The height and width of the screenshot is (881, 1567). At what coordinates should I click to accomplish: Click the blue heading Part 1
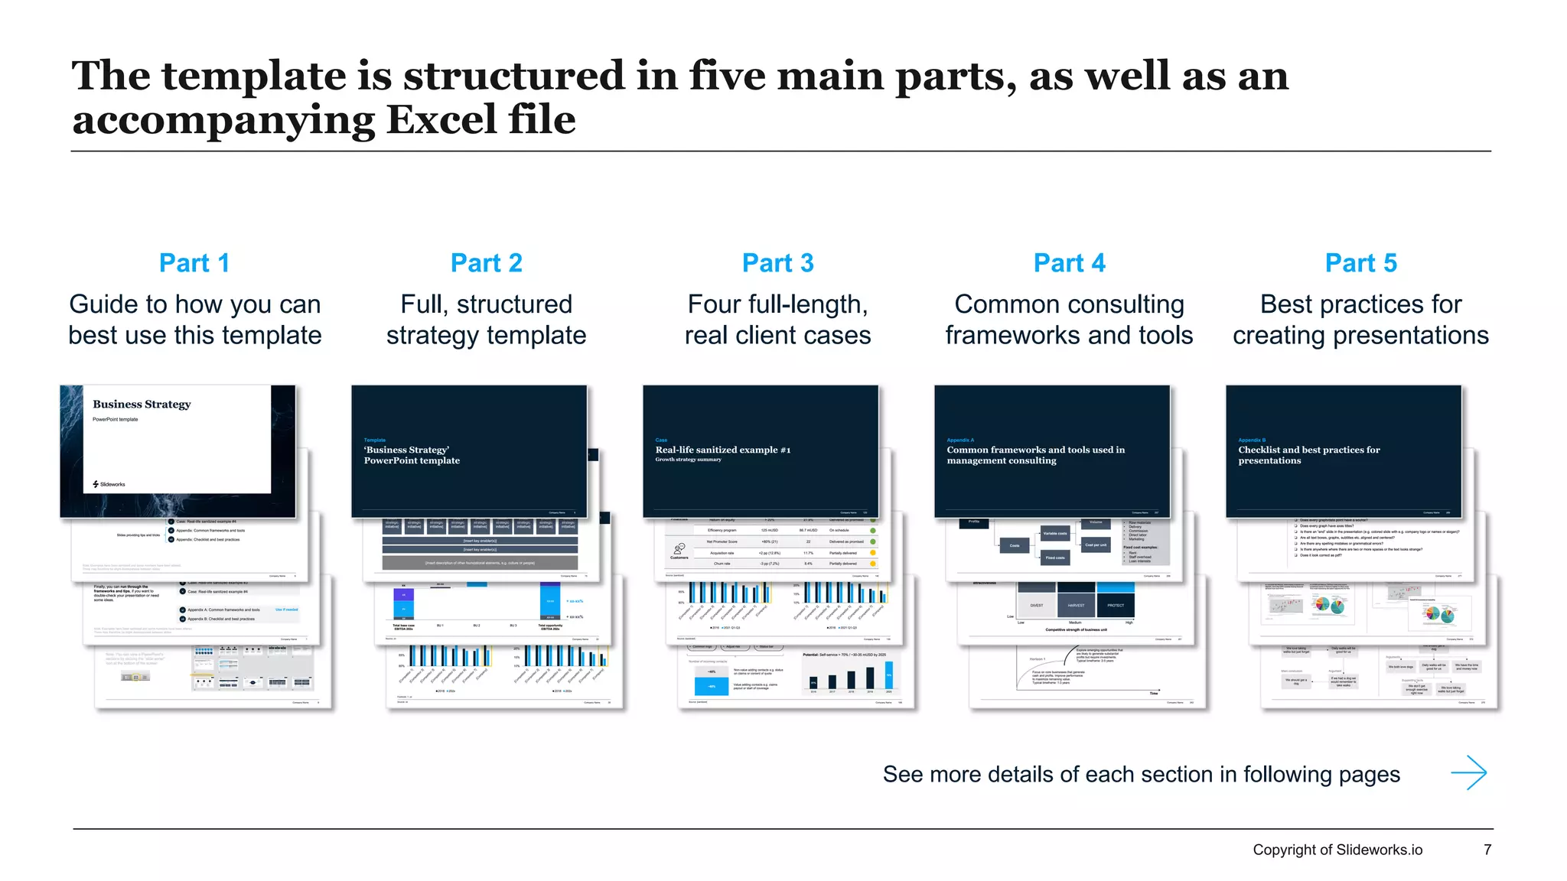[x=194, y=263]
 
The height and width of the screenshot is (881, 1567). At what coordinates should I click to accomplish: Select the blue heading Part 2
[x=486, y=263]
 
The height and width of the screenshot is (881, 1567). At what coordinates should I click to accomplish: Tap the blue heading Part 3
[x=777, y=263]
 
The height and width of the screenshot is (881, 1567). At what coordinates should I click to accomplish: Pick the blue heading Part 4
[x=1069, y=263]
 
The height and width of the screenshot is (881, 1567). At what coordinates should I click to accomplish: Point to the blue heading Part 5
[x=1360, y=263]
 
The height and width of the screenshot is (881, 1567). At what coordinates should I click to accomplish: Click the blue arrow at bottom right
[x=1468, y=773]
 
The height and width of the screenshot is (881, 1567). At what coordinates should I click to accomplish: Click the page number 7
[x=1487, y=850]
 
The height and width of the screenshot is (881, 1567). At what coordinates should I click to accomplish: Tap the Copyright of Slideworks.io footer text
[x=1337, y=850]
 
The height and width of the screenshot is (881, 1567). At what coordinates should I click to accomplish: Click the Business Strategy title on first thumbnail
[x=142, y=404]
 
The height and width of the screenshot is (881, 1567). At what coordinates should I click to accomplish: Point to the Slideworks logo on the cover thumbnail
[x=109, y=484]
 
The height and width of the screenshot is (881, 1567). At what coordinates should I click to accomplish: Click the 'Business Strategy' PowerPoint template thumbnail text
[x=411, y=455]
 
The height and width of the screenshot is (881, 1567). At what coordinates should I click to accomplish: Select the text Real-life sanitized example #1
[x=722, y=450]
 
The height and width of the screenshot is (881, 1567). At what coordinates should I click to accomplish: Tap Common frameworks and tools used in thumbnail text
[x=1035, y=450]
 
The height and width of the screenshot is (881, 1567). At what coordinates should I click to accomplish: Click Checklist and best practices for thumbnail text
[x=1308, y=450]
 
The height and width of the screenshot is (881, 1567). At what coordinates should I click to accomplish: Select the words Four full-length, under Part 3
[x=777, y=304]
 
